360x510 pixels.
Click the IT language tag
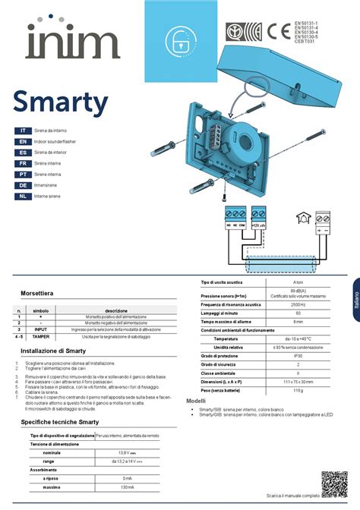24,131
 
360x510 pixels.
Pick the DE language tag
24,185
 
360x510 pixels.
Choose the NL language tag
24,196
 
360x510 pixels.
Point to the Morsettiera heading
36,293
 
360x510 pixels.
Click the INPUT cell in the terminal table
41,329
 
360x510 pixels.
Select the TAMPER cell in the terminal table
41,336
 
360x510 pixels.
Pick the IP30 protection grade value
298,355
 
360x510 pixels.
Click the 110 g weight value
298,390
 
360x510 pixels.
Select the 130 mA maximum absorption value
127,486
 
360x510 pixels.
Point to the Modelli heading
196,400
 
